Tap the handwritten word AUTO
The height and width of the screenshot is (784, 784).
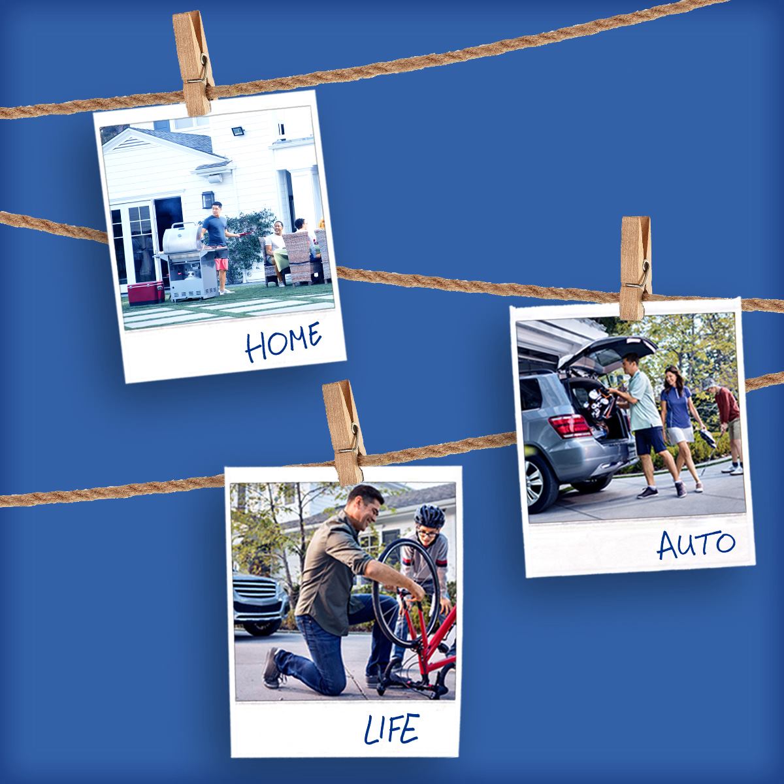[696, 545]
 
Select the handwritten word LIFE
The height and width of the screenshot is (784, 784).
[391, 728]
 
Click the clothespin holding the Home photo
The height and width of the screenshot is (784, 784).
[193, 62]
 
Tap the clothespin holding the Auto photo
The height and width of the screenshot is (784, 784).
[636, 268]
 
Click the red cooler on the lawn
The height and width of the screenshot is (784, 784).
[146, 293]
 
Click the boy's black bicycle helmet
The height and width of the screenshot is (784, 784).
[429, 517]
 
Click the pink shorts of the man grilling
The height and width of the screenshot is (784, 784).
[221, 264]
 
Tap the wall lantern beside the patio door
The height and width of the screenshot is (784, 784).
[207, 199]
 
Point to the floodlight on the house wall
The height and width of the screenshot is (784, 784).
[238, 131]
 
